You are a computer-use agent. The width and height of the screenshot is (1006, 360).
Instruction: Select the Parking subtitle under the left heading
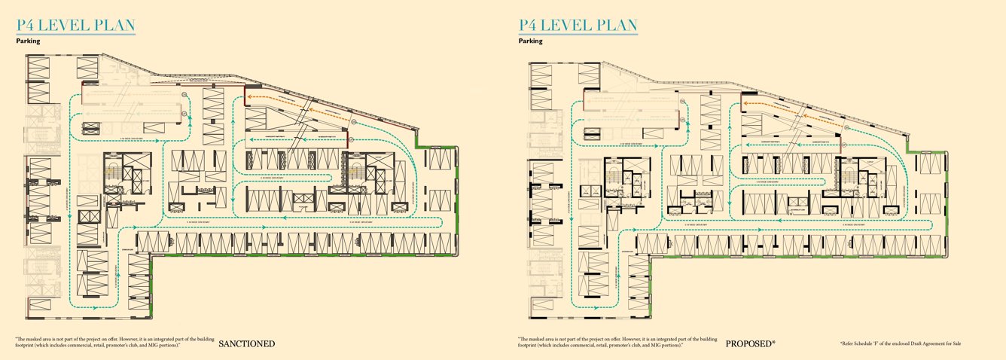(28, 41)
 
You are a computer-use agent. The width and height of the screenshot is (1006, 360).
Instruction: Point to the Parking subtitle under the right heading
(530, 41)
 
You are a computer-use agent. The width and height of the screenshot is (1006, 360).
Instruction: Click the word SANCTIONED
(246, 344)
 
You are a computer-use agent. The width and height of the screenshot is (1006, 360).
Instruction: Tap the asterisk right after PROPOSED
(773, 343)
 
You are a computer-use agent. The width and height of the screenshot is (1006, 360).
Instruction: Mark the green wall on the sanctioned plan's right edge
(456, 196)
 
